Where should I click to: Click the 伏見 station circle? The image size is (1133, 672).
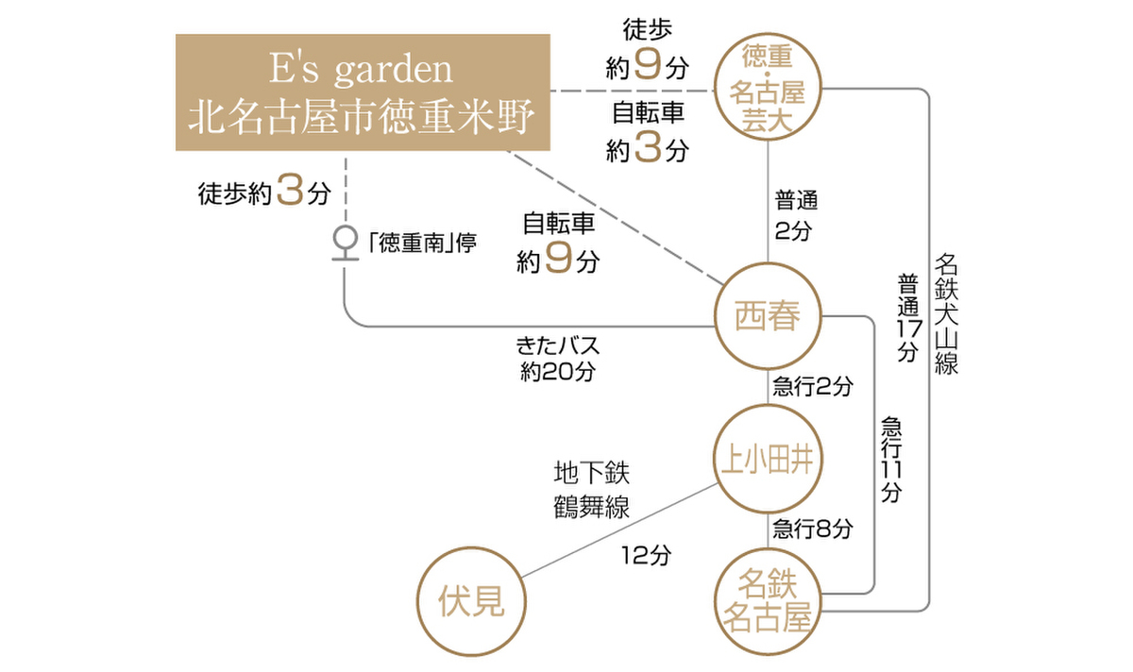471,601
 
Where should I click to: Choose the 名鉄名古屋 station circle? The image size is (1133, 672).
769,602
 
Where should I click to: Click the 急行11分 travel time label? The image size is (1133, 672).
890,458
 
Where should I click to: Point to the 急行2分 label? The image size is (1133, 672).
812,386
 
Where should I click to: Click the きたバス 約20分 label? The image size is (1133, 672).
557,358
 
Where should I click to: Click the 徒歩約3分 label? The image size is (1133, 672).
264,193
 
